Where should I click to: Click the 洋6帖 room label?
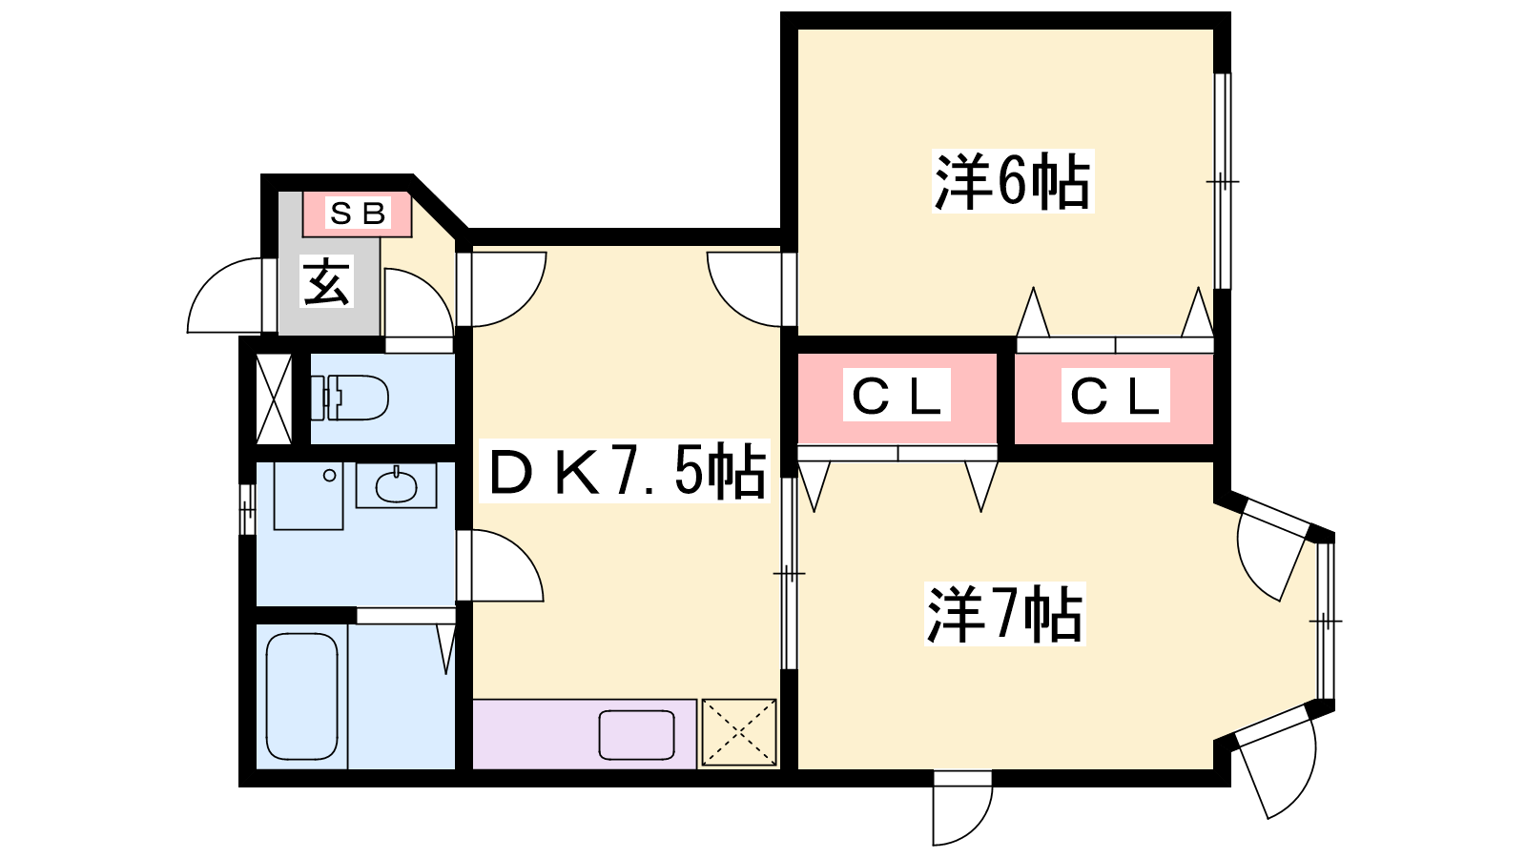[x=1012, y=181]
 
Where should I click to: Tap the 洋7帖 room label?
[x=1005, y=615]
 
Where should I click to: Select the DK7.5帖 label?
[x=627, y=472]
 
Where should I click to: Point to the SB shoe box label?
[x=358, y=213]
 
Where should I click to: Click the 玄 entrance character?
[x=327, y=281]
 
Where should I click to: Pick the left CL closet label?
[x=897, y=395]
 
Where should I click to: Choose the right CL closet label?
[x=1115, y=395]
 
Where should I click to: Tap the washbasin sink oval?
[x=396, y=486]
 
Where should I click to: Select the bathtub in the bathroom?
[x=301, y=696]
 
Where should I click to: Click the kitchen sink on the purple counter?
[x=636, y=735]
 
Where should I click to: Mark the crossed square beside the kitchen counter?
[x=739, y=732]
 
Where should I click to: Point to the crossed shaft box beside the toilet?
[x=275, y=398]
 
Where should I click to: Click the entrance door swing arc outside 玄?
[x=225, y=296]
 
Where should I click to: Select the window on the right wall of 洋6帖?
[x=1223, y=181]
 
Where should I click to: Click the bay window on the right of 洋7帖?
[x=1326, y=621]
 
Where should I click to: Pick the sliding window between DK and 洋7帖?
[x=788, y=573]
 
